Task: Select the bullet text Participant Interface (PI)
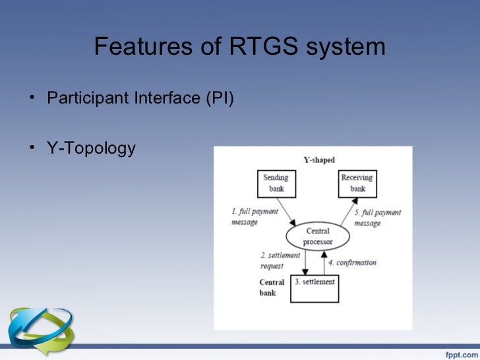[x=140, y=100]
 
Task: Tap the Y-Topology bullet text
[x=91, y=148]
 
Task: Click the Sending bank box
[x=276, y=183]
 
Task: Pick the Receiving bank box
[x=358, y=183]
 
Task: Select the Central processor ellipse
[x=318, y=236]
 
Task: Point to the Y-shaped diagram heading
[x=318, y=160]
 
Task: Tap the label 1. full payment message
[x=254, y=217]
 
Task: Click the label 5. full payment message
[x=377, y=218]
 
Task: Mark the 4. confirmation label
[x=353, y=262]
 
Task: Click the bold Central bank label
[x=271, y=287]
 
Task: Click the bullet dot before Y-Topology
[x=32, y=149]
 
